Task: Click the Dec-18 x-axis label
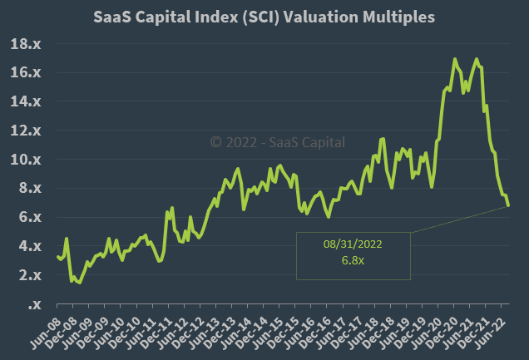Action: (385, 333)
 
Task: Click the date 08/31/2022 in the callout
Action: (353, 244)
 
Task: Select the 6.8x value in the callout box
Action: (353, 261)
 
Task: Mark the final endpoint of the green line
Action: (508, 205)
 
